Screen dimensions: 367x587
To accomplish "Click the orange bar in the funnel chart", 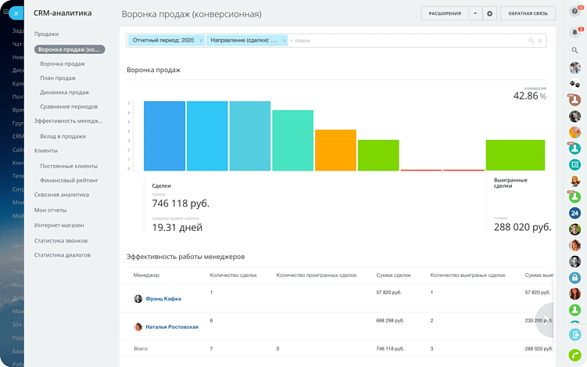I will coord(336,150).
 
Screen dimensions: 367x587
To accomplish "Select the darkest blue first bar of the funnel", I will coord(164,135).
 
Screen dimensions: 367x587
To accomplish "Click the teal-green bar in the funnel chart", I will coord(292,140).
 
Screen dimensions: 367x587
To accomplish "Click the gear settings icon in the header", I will coord(490,13).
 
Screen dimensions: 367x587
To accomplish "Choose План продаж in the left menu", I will coord(58,78).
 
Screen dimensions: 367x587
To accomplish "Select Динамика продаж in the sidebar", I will coord(64,92).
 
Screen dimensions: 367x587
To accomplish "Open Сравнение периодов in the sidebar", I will coord(69,106).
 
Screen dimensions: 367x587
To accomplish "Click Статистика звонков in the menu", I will coord(61,240).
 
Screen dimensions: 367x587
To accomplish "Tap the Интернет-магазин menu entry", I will coord(59,225).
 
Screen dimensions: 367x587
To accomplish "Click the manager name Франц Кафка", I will coord(163,298).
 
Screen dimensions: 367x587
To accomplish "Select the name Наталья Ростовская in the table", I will coord(171,327).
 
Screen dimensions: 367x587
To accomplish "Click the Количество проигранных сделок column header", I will coord(316,275).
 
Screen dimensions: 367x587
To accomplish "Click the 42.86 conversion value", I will coord(525,95).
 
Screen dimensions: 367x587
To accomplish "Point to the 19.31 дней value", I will coord(177,228).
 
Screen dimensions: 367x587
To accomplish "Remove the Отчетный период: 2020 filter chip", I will coord(201,40).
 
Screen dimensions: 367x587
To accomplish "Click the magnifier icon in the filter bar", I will coord(532,40).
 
